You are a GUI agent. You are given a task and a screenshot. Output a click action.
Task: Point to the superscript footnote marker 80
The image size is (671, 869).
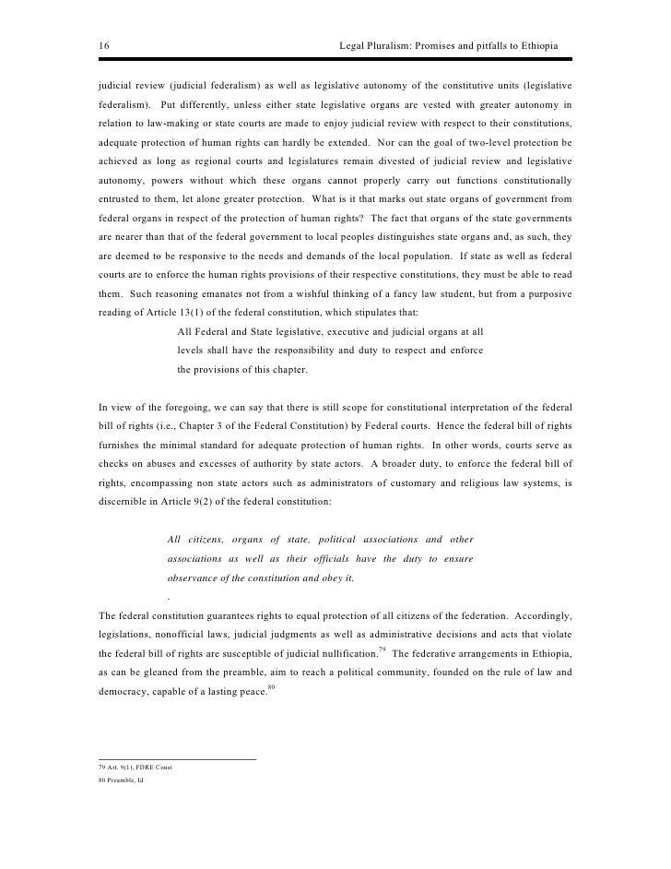point(271,688)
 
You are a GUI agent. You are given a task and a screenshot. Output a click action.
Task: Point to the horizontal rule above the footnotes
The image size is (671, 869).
point(176,758)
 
